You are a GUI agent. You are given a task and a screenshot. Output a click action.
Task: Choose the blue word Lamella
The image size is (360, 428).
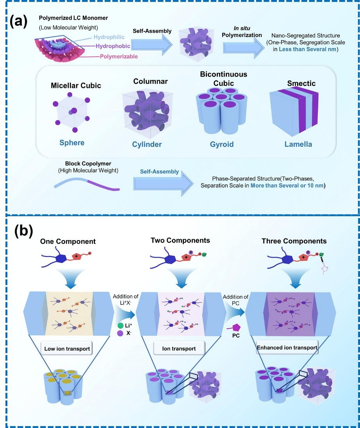click(x=298, y=144)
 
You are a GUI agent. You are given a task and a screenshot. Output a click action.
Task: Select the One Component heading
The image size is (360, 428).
click(x=68, y=242)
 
